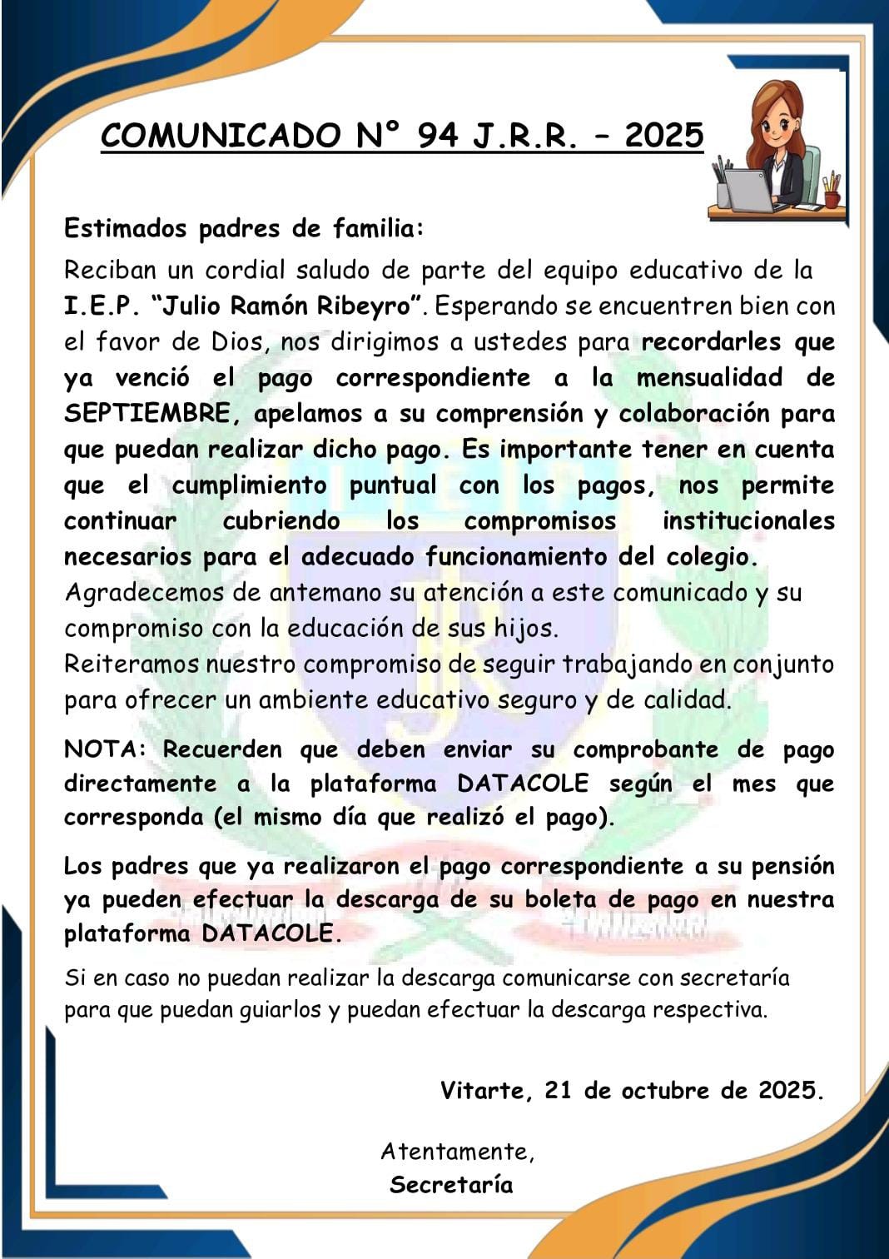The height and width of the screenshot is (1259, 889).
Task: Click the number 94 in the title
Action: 438,135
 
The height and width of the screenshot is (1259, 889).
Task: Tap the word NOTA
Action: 102,749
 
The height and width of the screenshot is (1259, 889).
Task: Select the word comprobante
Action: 645,749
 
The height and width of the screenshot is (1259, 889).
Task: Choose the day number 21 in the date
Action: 558,1090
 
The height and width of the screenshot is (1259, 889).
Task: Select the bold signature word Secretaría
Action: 451,1184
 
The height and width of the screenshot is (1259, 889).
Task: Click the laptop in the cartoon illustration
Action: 749,190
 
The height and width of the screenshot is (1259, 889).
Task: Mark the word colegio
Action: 711,556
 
